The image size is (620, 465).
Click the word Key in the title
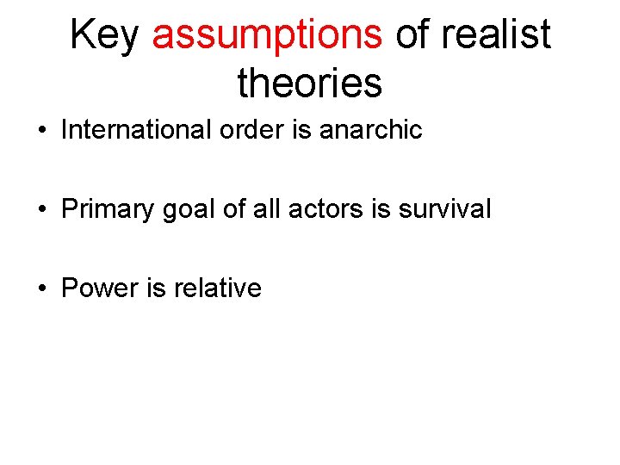coord(106,35)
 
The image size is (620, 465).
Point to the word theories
coord(309,84)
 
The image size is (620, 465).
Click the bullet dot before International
coord(41,131)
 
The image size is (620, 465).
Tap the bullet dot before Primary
coord(41,209)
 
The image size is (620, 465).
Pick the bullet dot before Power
coord(41,288)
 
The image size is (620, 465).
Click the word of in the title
coord(412,35)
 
